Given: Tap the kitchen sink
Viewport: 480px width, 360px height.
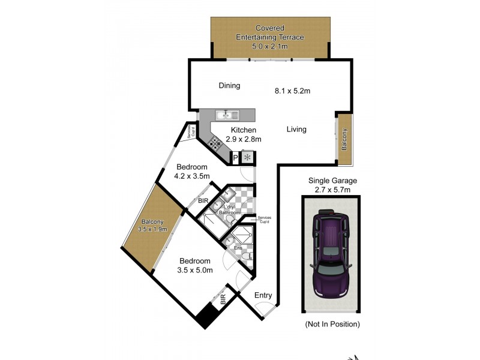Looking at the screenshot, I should coord(227,114).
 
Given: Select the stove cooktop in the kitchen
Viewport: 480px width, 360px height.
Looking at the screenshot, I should coord(215,143).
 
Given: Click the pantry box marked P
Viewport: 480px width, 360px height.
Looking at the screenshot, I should coord(235,158).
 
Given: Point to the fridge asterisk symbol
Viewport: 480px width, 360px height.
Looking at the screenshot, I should coord(247,158).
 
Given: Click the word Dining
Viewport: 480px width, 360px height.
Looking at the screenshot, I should coord(229,86).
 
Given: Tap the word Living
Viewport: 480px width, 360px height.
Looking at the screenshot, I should coord(296,129).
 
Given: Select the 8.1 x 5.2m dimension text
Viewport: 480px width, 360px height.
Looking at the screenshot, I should coord(292,91).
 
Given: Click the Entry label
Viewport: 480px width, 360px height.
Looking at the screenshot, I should coord(263,295).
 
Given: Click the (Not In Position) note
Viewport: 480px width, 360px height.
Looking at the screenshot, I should coord(332,324).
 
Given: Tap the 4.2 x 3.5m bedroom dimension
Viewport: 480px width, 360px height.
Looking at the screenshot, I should coord(191,176).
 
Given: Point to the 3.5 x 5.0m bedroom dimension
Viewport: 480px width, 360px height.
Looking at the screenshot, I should coord(196,270).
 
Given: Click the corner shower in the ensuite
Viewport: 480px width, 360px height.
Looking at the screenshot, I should coord(242,233).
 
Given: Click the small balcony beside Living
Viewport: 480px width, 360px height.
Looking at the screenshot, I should coord(344,139).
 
